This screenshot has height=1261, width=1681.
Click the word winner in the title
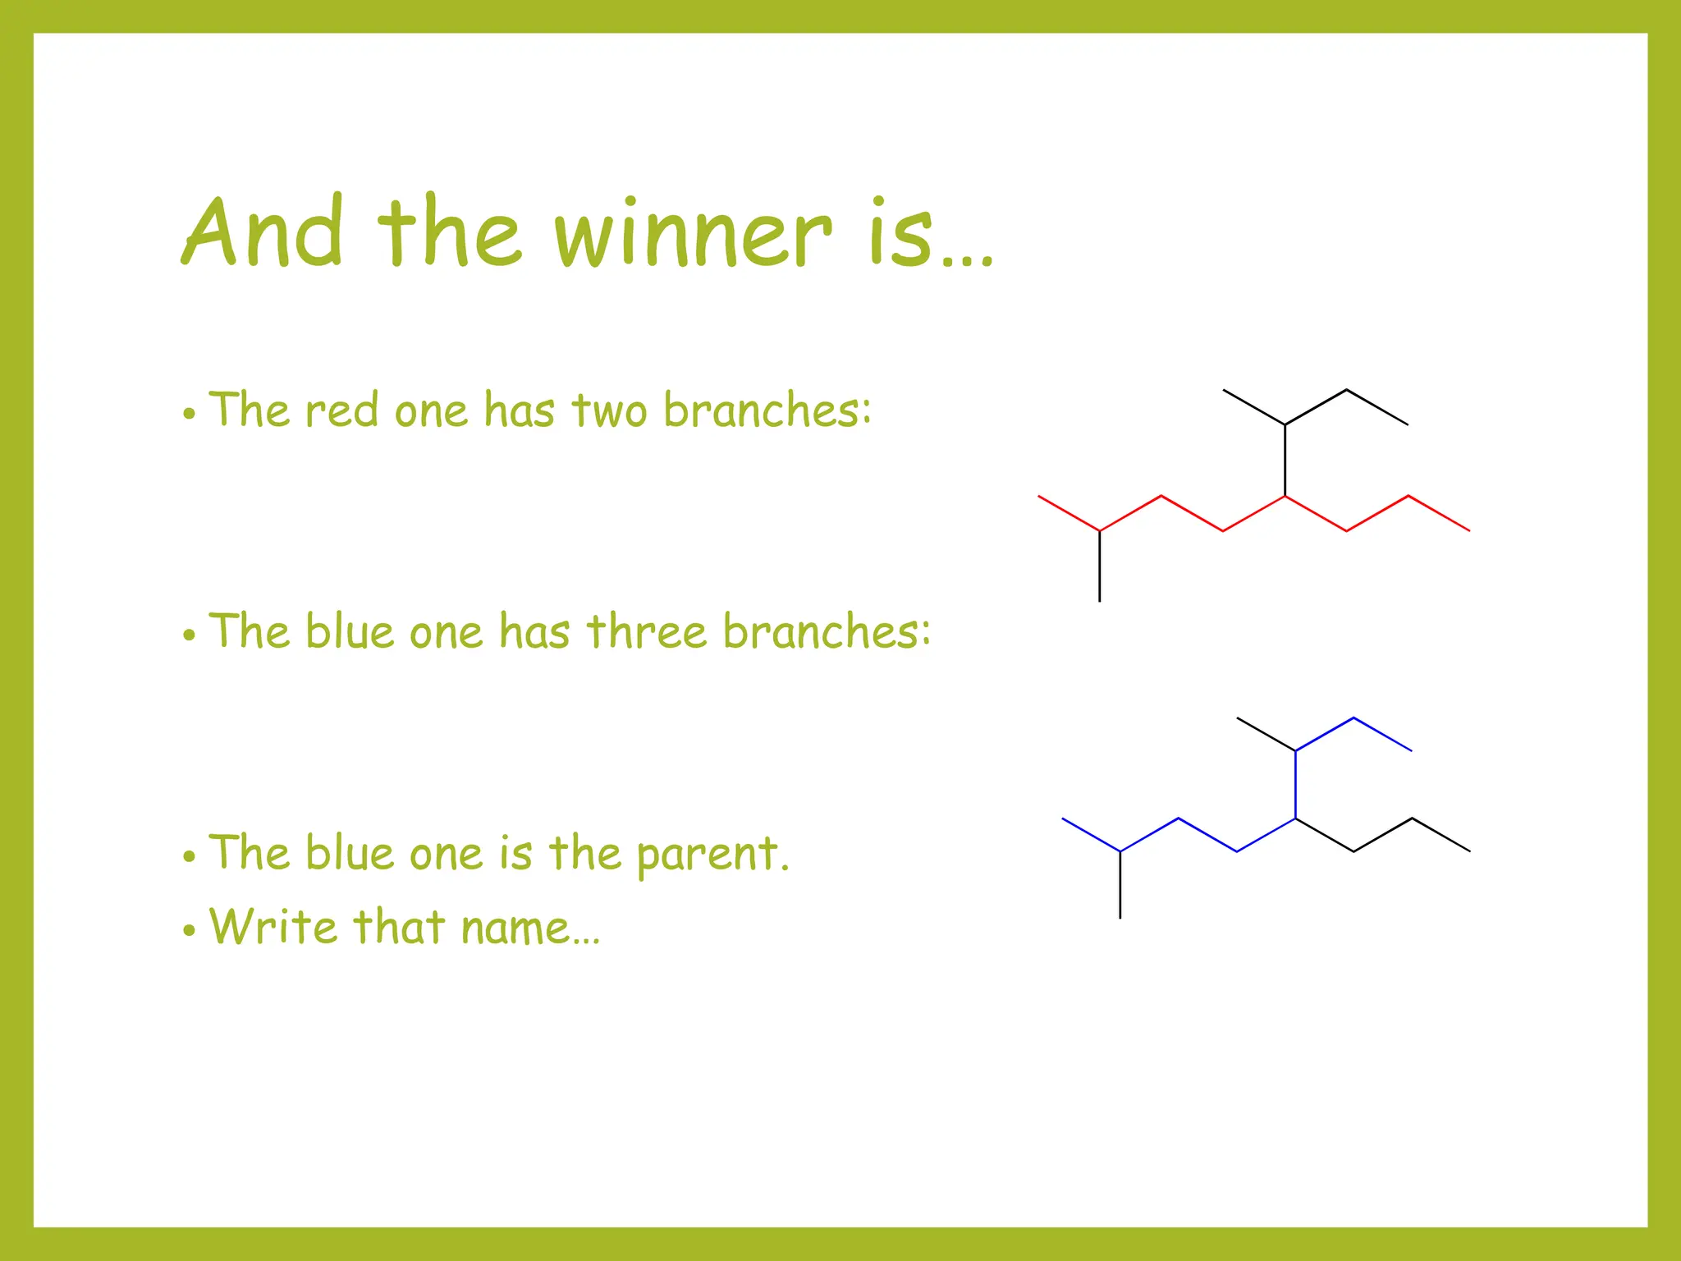pos(694,234)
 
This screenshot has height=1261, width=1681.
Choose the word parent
pos(712,855)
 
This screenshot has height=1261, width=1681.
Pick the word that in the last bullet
pos(399,927)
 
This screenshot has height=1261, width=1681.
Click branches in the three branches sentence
pos(827,631)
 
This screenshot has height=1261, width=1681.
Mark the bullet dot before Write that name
pos(190,931)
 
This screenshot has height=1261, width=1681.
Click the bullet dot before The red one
pos(190,414)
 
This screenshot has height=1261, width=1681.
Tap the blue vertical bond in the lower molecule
pos(1295,784)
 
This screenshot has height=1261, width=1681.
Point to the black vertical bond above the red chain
pos(1285,460)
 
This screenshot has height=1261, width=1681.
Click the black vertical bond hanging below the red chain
pos(1100,566)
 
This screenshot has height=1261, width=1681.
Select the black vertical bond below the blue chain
pos(1120,885)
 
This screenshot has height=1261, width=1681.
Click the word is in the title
pos(902,234)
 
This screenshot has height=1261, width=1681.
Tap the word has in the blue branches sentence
pos(534,631)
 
